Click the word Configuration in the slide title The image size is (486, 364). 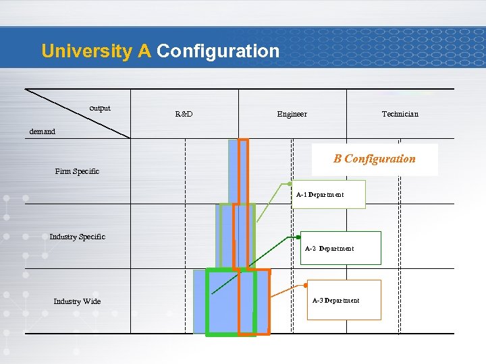(217, 51)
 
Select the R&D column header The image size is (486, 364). (184, 114)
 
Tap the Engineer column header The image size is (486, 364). (292, 114)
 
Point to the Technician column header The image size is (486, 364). (400, 114)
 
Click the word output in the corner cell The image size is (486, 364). (100, 108)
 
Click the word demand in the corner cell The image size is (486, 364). (43, 131)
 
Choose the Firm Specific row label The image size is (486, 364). (77, 171)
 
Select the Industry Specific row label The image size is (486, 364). (77, 237)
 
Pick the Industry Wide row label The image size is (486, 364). (77, 301)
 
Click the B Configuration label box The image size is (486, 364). (375, 159)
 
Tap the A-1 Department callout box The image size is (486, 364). (327, 194)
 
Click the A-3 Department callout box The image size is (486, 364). (344, 300)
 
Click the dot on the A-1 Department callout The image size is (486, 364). (290, 183)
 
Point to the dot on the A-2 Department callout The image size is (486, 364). (298, 237)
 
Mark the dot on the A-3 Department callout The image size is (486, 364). (305, 285)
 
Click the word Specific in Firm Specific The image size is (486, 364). (86, 171)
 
